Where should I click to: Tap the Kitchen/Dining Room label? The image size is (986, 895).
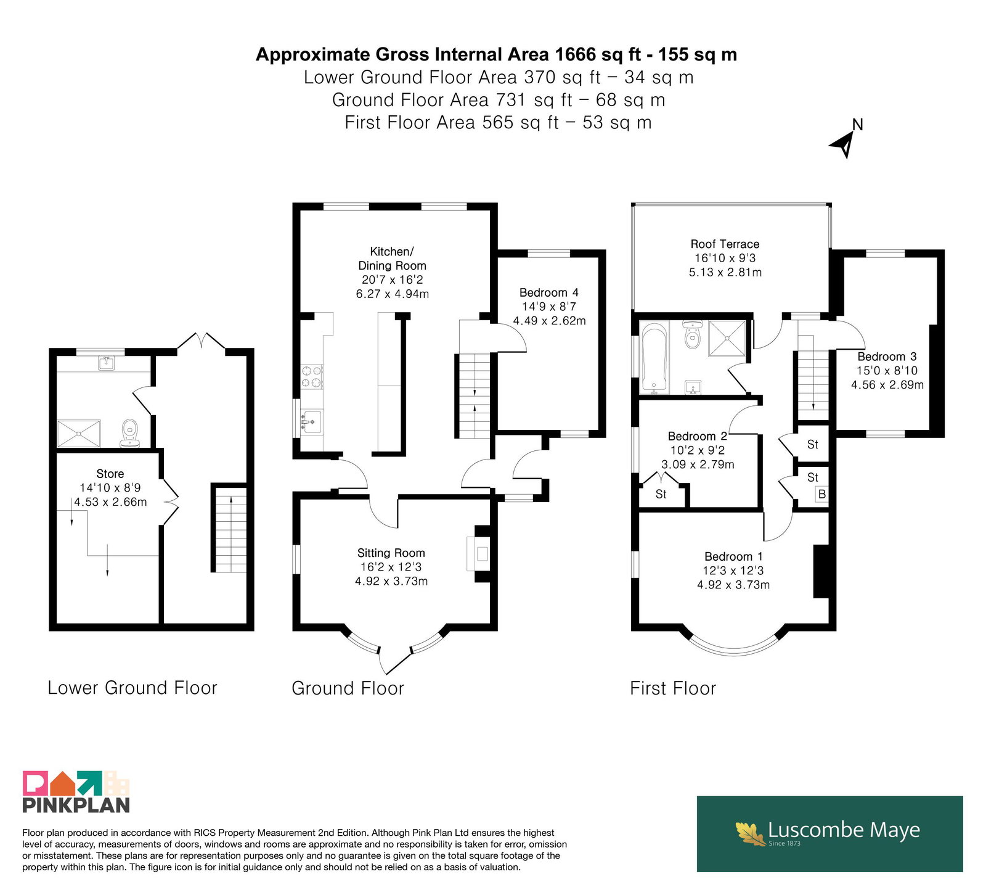pyautogui.click(x=392, y=258)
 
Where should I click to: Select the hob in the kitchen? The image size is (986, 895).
pyautogui.click(x=311, y=377)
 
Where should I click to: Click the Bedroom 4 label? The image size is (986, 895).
pyautogui.click(x=548, y=292)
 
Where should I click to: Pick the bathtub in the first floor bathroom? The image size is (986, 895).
pyautogui.click(x=654, y=358)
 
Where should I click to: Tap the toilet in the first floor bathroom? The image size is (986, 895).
pyautogui.click(x=693, y=334)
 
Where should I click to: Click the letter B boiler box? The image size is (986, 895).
pyautogui.click(x=821, y=494)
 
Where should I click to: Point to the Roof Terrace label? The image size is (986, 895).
pyautogui.click(x=725, y=244)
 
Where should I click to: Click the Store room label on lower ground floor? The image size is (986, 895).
pyautogui.click(x=110, y=474)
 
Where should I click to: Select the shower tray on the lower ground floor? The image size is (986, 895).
pyautogui.click(x=78, y=433)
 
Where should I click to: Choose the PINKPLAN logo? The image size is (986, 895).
pyautogui.click(x=76, y=791)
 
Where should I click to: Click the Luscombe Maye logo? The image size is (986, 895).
pyautogui.click(x=829, y=833)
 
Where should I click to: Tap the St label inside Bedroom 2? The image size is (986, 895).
pyautogui.click(x=661, y=494)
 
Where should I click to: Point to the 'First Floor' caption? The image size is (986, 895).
pyautogui.click(x=673, y=688)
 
